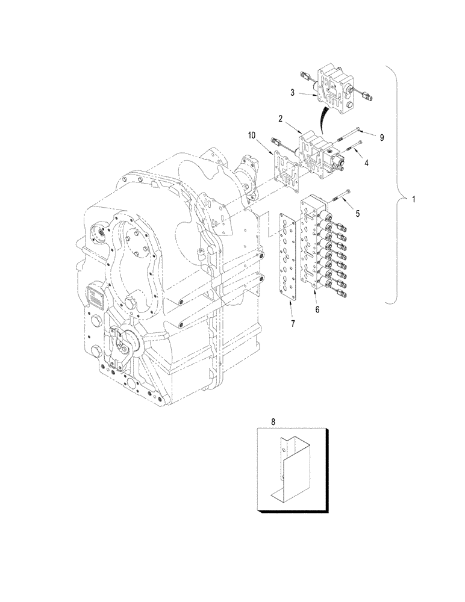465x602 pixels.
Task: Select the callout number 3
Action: (x=292, y=92)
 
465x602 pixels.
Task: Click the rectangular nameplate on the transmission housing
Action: (x=97, y=296)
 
